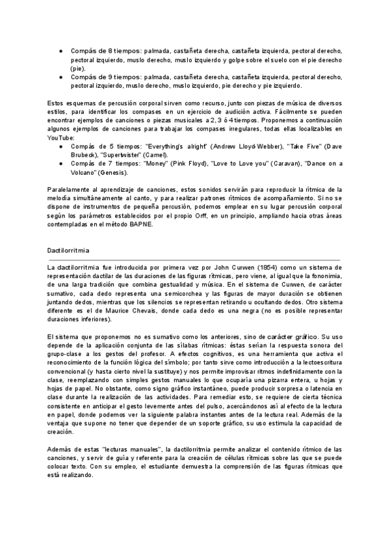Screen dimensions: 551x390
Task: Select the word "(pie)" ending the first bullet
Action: point(79,68)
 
